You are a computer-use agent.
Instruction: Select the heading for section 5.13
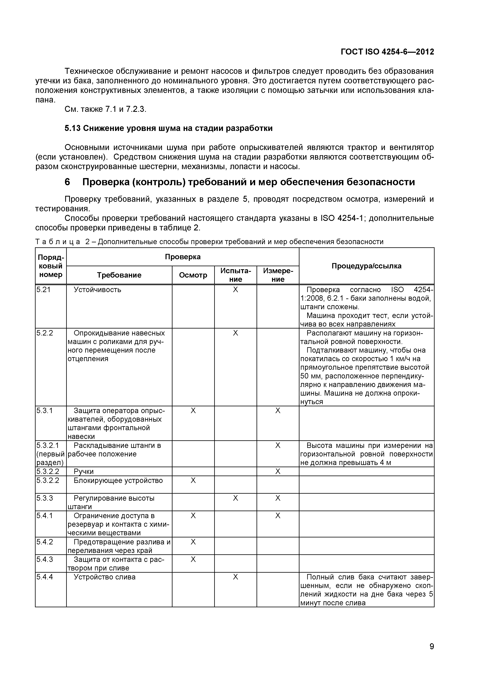point(169,128)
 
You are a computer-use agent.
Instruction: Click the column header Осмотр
point(193,275)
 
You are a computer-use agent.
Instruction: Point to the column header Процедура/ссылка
point(366,266)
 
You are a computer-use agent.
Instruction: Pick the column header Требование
point(119,275)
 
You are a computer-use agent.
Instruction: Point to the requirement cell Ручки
point(84,472)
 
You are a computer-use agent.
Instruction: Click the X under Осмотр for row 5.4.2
point(193,542)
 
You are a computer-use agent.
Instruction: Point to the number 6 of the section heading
point(67,182)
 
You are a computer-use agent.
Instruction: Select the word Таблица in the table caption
point(58,242)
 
